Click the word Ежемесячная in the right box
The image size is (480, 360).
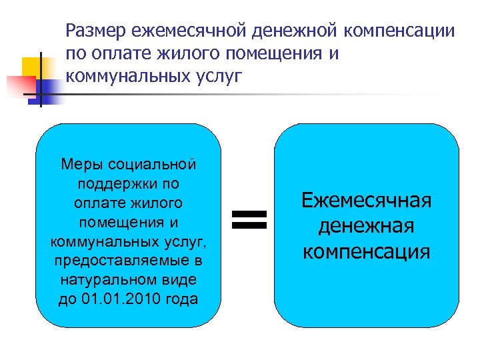367,200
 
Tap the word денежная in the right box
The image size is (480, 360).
367,226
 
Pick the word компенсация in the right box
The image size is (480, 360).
367,252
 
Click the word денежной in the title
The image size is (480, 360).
287,31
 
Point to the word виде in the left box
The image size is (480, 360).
183,279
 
